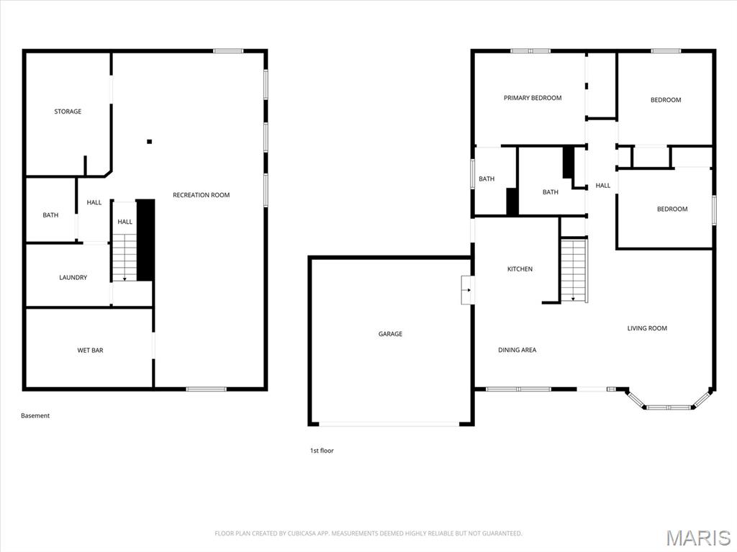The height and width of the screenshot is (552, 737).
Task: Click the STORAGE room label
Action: (x=68, y=112)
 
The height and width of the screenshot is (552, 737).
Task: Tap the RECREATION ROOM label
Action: (x=201, y=195)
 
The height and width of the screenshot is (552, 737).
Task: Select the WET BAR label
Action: (x=90, y=350)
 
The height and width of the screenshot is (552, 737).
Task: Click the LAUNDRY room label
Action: (x=73, y=277)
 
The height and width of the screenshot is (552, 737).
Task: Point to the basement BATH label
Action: (x=50, y=215)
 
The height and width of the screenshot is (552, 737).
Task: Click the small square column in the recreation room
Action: (x=150, y=142)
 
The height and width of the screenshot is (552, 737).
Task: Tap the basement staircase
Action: (x=125, y=256)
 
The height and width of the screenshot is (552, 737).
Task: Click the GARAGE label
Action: (x=390, y=334)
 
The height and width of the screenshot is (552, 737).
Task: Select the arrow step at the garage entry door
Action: (x=467, y=290)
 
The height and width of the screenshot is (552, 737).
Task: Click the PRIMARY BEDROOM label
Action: (x=532, y=98)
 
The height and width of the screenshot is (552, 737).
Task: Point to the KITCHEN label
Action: (x=520, y=269)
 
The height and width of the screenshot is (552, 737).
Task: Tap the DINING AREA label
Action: (x=517, y=350)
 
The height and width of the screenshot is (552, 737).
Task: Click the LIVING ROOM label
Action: (x=647, y=328)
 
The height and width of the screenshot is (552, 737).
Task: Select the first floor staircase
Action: (x=574, y=270)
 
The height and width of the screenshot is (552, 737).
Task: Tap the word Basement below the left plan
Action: (x=35, y=415)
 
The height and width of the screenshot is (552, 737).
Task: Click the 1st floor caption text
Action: (x=322, y=451)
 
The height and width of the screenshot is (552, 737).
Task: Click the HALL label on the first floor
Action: (x=602, y=186)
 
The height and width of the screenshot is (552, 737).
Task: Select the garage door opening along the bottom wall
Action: (x=389, y=424)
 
